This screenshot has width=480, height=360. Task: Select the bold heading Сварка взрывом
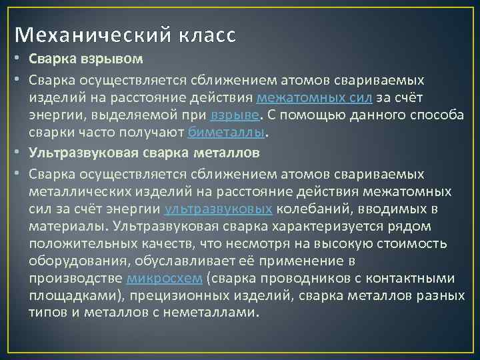click(86, 59)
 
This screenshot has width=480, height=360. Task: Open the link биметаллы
click(227, 132)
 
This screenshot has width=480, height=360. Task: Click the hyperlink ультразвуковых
click(218, 209)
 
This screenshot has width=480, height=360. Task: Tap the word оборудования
click(74, 261)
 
